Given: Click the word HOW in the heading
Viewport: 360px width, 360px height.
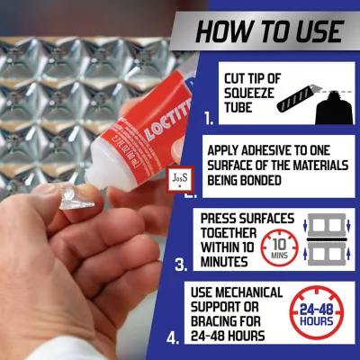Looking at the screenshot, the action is coord(223,31).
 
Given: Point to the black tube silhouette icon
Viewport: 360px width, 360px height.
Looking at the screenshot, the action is coord(335,108).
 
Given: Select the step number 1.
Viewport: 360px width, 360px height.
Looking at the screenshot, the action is coord(209,119).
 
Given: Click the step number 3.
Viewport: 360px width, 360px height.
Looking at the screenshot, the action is coord(181,265).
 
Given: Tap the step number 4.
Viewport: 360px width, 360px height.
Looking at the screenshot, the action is coord(173,338).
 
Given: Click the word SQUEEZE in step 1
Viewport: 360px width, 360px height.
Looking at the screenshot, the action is coord(249,94).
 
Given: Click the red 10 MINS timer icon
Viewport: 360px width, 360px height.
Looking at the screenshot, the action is coord(279,248).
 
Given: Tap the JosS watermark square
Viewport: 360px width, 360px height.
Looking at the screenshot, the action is coord(180,179).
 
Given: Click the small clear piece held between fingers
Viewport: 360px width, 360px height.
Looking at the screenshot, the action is coord(76,196).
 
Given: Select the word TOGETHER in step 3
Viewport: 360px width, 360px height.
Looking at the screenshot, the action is coord(229,233).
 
